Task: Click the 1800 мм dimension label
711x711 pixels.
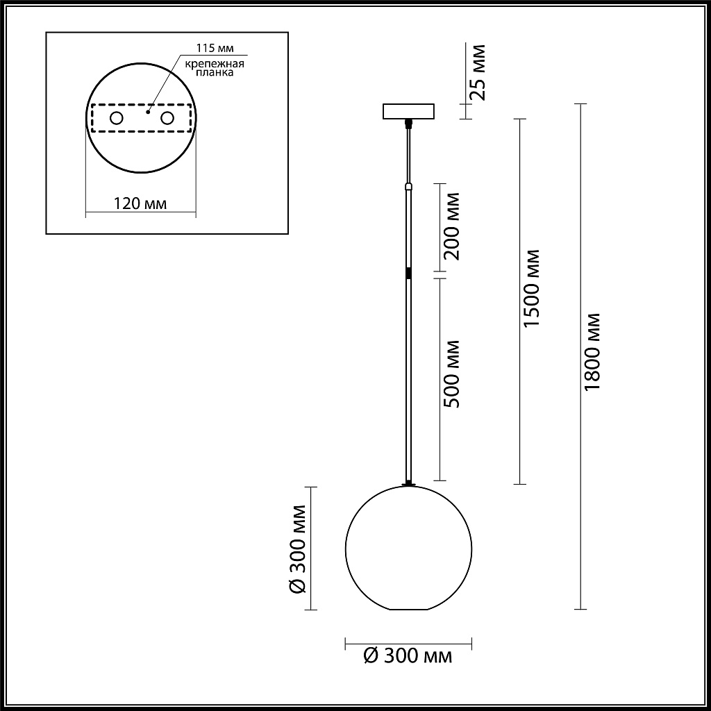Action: [x=592, y=351]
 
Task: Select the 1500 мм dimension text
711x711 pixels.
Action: [x=532, y=288]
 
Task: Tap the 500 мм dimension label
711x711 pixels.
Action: [x=452, y=374]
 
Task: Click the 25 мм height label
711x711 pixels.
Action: [x=478, y=72]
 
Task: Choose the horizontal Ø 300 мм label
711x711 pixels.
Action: [x=408, y=655]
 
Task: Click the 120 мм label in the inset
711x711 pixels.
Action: [x=140, y=203]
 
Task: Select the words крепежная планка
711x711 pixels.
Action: [x=214, y=67]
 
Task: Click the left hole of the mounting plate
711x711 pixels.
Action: [x=116, y=118]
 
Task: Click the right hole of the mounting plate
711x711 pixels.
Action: [x=167, y=118]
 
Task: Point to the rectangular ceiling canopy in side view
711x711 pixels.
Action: [x=408, y=111]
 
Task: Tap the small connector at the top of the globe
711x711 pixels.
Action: [x=408, y=484]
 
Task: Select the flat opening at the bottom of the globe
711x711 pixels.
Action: [x=408, y=610]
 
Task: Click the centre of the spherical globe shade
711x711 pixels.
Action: [x=408, y=548]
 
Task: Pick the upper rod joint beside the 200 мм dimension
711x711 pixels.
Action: [x=408, y=186]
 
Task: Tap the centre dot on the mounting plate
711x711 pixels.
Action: [x=148, y=109]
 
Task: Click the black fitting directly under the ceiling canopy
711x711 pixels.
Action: [x=408, y=124]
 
